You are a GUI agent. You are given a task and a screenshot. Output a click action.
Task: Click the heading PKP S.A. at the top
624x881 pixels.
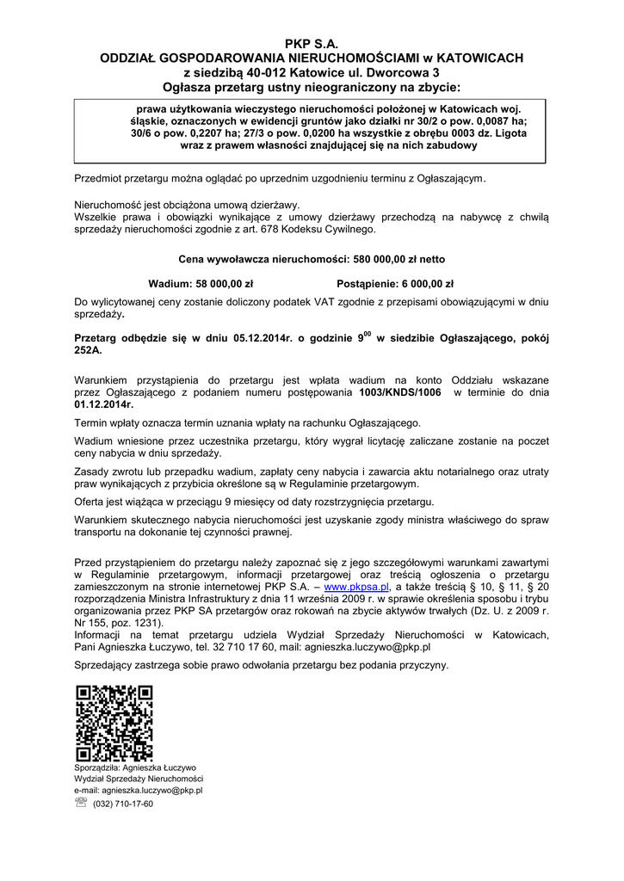point(312,42)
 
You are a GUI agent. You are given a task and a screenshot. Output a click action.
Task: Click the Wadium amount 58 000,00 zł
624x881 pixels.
point(225,282)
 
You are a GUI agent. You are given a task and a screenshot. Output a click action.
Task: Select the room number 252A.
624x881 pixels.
point(89,351)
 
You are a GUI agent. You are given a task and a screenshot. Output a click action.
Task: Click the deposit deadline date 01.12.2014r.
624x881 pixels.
point(104,404)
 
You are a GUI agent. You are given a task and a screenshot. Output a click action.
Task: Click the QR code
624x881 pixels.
point(114,723)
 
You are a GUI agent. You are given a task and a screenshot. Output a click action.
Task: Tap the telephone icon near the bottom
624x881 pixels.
point(81,803)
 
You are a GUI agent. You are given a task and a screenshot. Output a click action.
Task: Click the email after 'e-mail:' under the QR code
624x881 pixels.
point(151,790)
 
